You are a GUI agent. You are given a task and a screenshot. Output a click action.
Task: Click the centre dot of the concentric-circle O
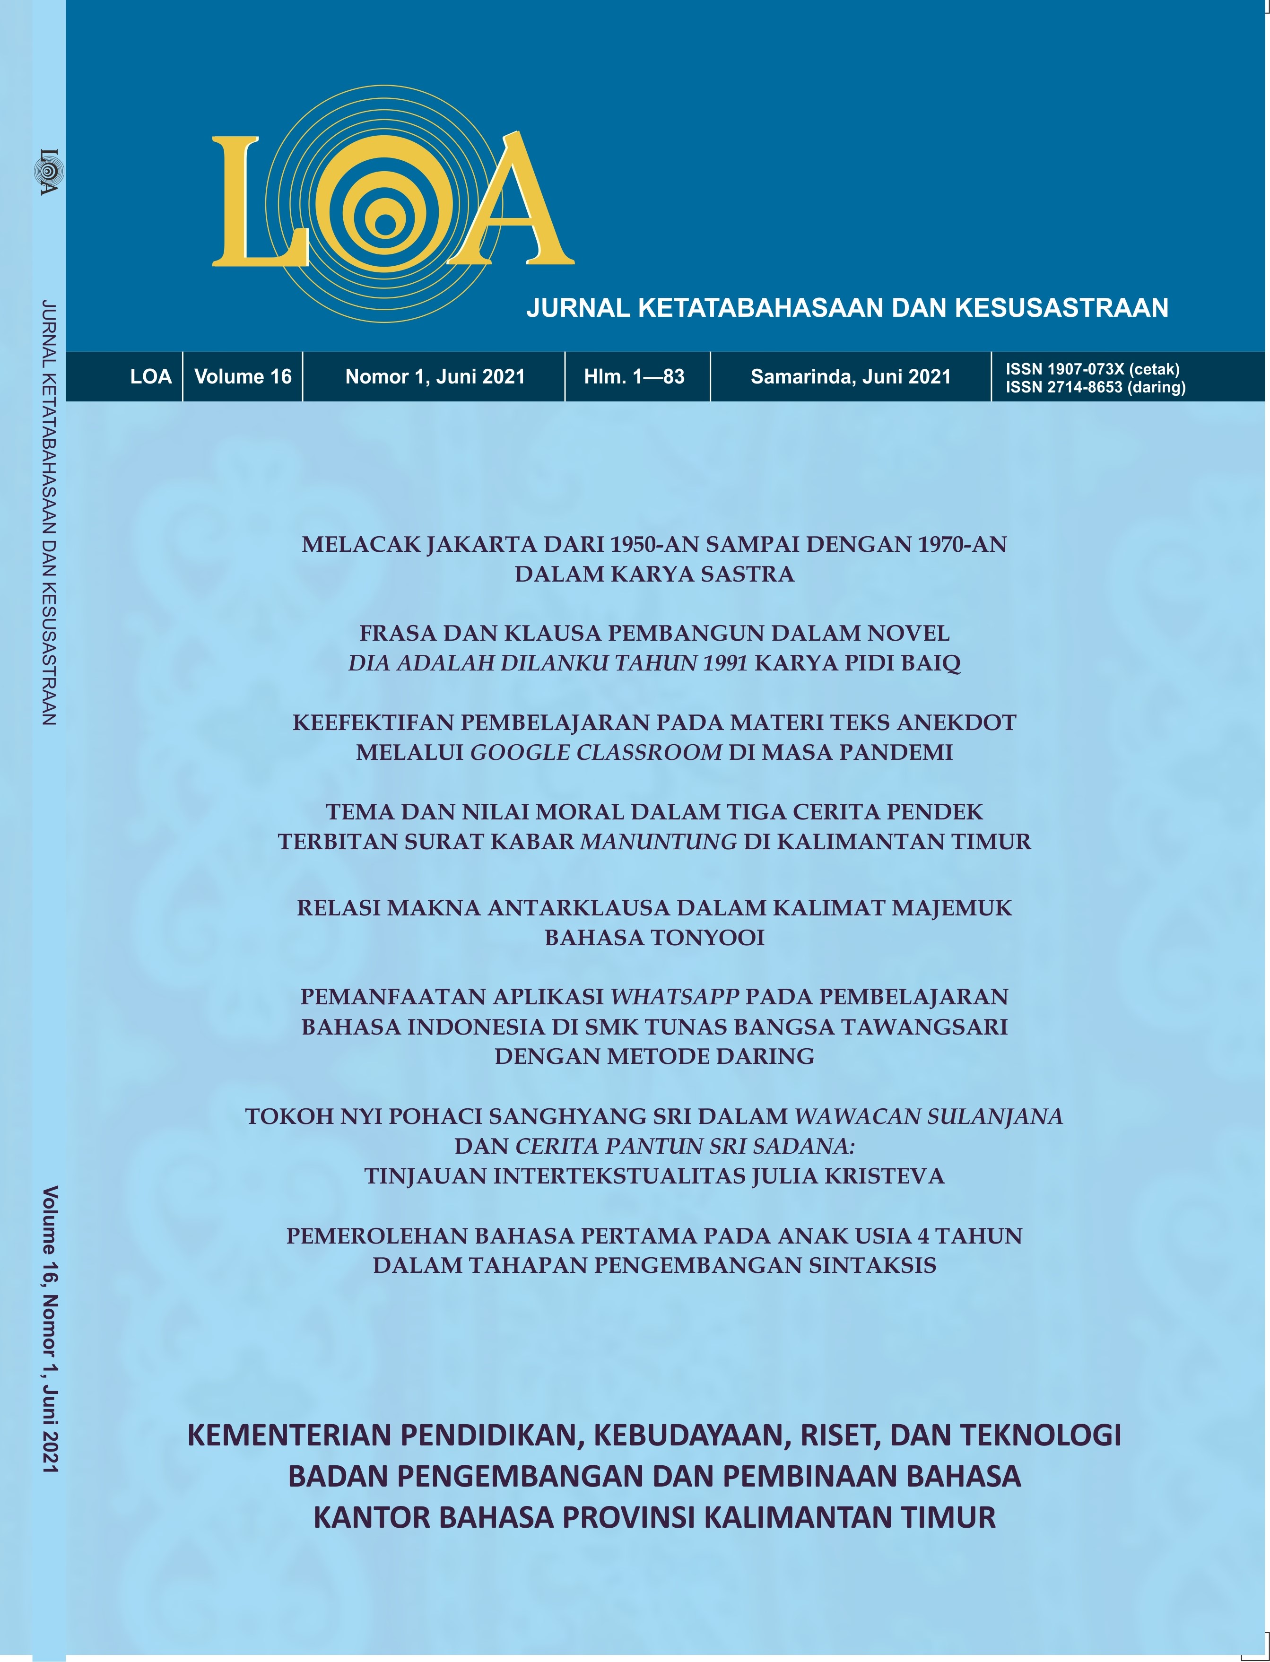(x=385, y=225)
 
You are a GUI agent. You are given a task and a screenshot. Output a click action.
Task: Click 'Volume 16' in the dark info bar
(x=243, y=376)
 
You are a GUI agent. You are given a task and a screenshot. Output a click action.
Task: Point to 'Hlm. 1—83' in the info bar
(x=634, y=376)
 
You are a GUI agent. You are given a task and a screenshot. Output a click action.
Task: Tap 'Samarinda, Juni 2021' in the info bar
(x=851, y=376)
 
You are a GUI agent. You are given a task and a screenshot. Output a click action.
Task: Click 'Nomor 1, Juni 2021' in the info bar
(x=435, y=376)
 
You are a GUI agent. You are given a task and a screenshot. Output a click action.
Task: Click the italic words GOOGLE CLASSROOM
(x=596, y=752)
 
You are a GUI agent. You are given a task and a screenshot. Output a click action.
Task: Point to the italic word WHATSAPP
(x=674, y=997)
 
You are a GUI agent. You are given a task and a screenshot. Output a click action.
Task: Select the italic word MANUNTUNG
(x=658, y=841)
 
